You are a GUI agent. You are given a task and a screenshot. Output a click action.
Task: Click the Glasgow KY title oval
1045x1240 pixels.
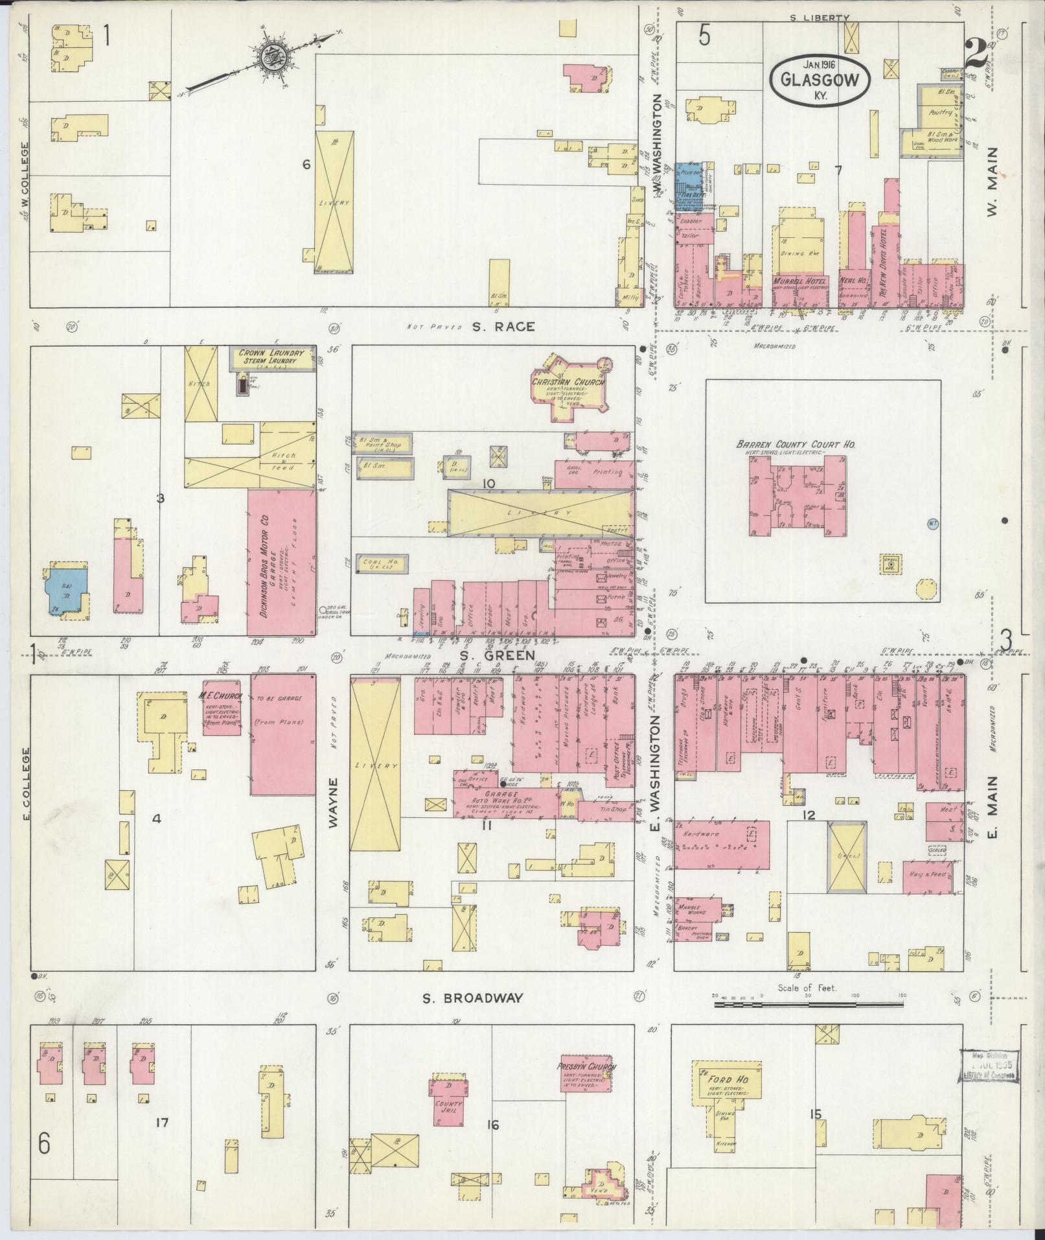coord(820,80)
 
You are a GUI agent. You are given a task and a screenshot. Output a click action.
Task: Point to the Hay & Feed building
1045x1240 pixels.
coord(928,876)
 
